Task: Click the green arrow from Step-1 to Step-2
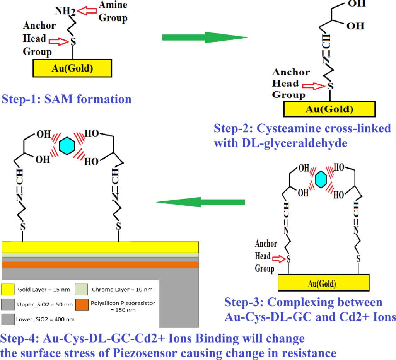point(204,38)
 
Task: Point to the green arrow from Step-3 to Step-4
point(200,202)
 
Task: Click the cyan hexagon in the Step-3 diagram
point(319,180)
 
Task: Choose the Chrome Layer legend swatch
point(83,289)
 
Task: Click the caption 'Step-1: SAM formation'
point(67,99)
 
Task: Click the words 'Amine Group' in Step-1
point(113,11)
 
